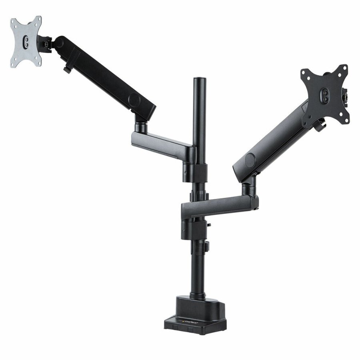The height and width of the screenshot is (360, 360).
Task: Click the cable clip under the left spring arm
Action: pos(67,70)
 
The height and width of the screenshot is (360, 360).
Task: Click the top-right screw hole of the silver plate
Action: pos(37,20)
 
